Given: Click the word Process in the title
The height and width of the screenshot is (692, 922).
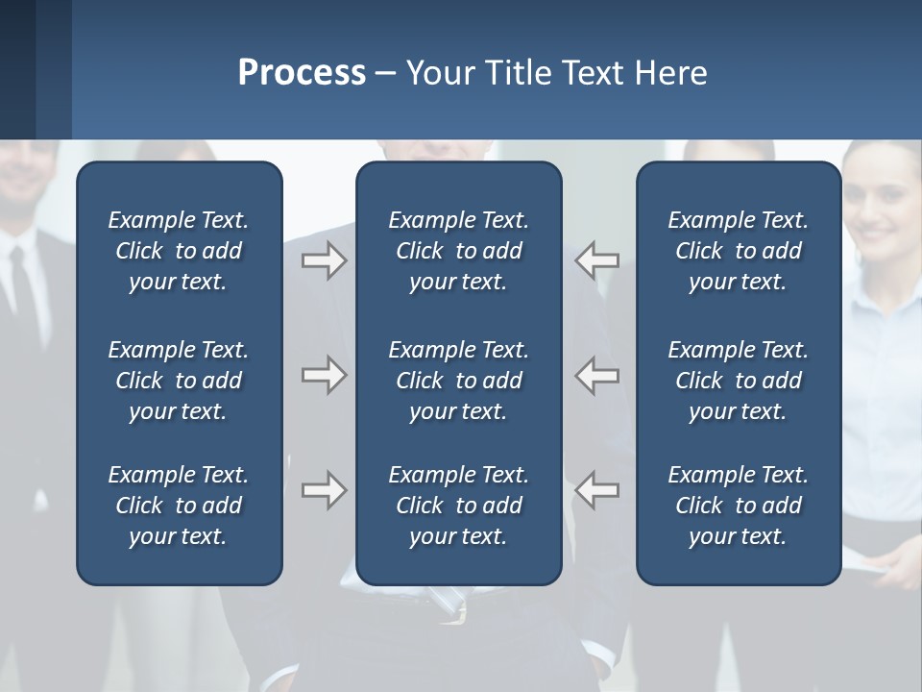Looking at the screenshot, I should pos(302,73).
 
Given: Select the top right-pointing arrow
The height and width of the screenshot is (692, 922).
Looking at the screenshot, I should pos(324,260).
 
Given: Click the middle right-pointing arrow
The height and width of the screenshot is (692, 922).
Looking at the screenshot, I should pos(324,375).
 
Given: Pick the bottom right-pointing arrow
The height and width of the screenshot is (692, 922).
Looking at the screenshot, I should pos(324,490).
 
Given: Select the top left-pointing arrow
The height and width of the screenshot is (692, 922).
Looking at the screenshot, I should pos(596,260).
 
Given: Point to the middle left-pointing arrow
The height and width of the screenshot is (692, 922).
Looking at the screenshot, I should pos(596,375).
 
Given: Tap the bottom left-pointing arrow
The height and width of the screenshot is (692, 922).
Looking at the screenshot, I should pos(596,490).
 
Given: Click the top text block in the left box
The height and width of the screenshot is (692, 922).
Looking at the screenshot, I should pos(179,251).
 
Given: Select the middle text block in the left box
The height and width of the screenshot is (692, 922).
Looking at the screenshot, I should pos(179,381).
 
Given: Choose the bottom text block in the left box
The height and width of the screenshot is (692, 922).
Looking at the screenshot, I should pos(179,506).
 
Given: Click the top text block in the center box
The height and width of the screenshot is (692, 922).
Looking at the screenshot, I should pos(458,251).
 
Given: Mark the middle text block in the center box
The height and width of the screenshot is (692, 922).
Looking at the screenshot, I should pos(458,381).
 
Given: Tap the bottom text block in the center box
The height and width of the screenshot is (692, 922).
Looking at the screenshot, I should pos(458,506).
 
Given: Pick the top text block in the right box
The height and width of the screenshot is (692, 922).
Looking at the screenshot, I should pos(738,251).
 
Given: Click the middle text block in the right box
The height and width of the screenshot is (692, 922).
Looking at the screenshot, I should pos(738,381).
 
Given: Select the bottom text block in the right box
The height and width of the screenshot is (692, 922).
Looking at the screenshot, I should pos(738,506).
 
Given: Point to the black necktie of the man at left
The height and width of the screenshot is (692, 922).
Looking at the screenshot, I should pos(21,288).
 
